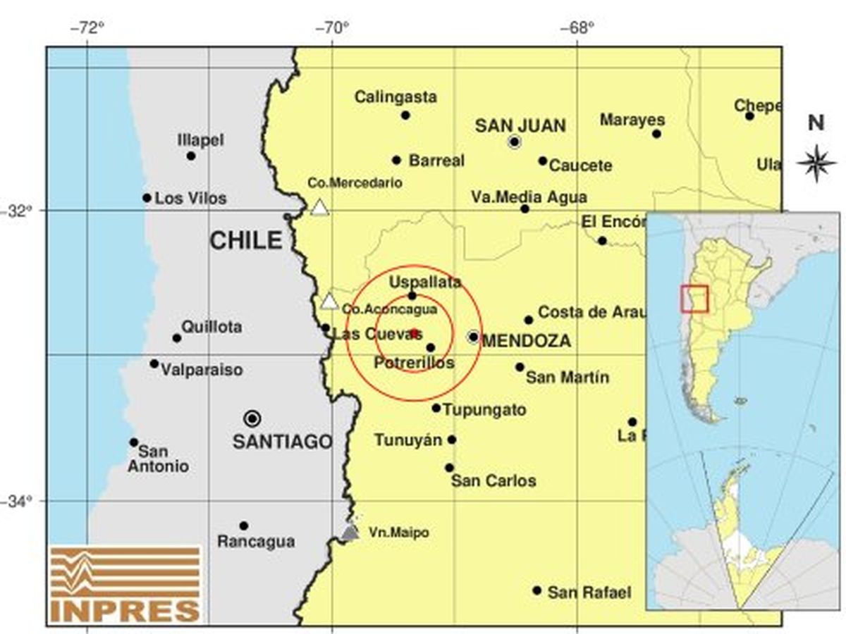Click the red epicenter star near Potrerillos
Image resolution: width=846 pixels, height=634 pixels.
coord(415,332)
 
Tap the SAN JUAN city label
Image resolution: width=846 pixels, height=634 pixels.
coord(520,125)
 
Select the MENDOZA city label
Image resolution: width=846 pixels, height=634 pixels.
coord(527,341)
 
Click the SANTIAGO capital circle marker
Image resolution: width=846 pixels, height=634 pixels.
coord(252,418)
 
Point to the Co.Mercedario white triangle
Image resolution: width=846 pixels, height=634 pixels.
coord(320,207)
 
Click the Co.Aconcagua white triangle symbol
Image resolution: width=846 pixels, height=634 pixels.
coord(329,302)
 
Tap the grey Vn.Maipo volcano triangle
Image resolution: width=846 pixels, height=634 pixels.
coord(350,532)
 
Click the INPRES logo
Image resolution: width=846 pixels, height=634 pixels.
coord(125,583)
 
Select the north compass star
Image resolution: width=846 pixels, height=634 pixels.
coord(816,163)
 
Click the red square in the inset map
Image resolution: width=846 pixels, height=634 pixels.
coord(694,298)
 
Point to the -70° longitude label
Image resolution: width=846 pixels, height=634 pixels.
coord(332,28)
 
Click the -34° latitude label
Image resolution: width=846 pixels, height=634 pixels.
coord(22,502)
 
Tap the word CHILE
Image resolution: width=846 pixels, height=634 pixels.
coord(245,241)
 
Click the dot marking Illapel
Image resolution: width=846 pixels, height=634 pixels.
coord(191,156)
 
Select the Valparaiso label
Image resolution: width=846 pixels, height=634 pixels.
coord(202,370)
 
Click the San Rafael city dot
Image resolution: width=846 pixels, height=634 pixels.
coord(537,590)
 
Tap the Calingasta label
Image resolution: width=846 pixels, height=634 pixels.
coord(396,97)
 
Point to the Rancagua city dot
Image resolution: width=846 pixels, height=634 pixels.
coord(243,526)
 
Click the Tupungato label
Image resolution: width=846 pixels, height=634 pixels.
coord(484,410)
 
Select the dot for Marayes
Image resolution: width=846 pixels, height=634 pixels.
coord(656,134)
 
